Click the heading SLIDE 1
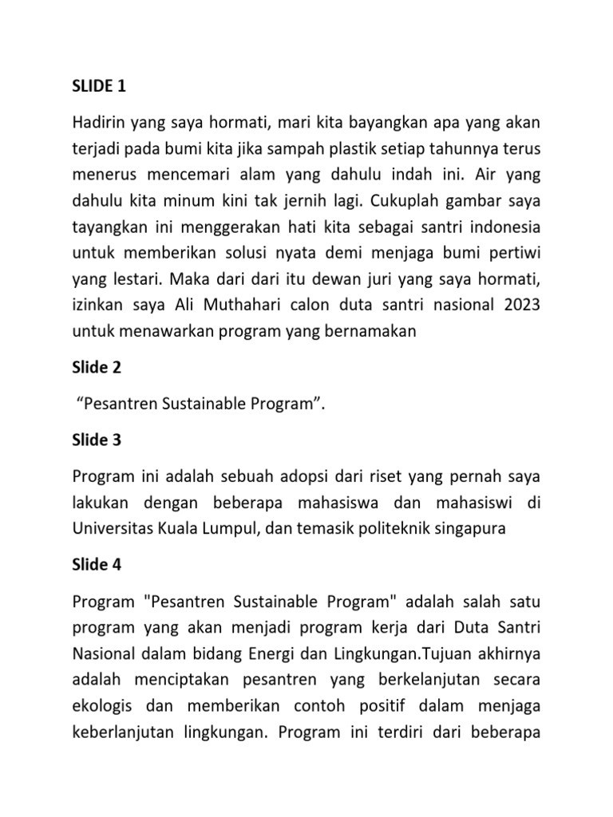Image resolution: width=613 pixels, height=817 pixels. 99,85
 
